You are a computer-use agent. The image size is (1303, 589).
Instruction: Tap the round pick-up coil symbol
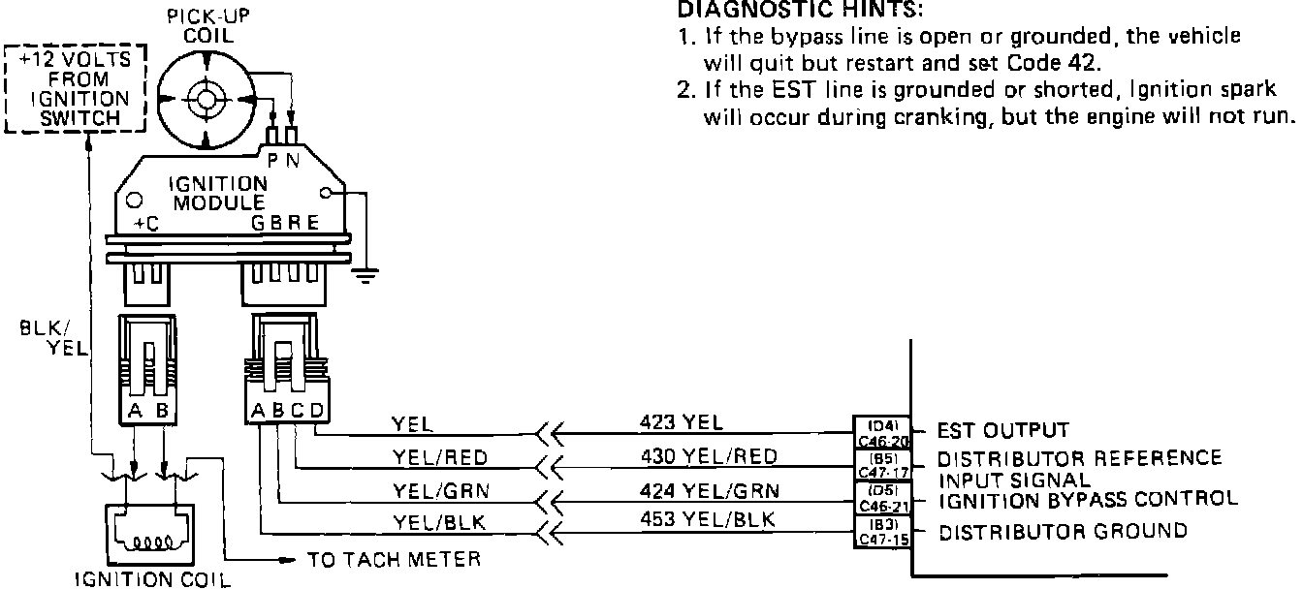coord(206,99)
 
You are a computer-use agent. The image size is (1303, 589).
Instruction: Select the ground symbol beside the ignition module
coord(365,277)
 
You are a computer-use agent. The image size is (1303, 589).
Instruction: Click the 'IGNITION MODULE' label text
coord(204,194)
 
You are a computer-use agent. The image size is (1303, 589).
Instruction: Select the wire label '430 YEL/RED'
coord(708,456)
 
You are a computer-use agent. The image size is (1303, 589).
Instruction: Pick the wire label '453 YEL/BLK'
coord(708,520)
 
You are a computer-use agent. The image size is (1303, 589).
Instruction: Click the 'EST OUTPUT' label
coord(1002,430)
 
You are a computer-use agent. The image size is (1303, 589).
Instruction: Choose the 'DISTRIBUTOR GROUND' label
coord(1063,531)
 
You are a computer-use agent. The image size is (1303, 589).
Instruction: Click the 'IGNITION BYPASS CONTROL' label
coord(1088,499)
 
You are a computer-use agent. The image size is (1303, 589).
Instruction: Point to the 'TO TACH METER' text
coord(394,560)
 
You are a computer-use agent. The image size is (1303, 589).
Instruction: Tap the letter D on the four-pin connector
coord(316,411)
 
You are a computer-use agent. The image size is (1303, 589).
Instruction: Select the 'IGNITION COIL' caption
coord(154,580)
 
